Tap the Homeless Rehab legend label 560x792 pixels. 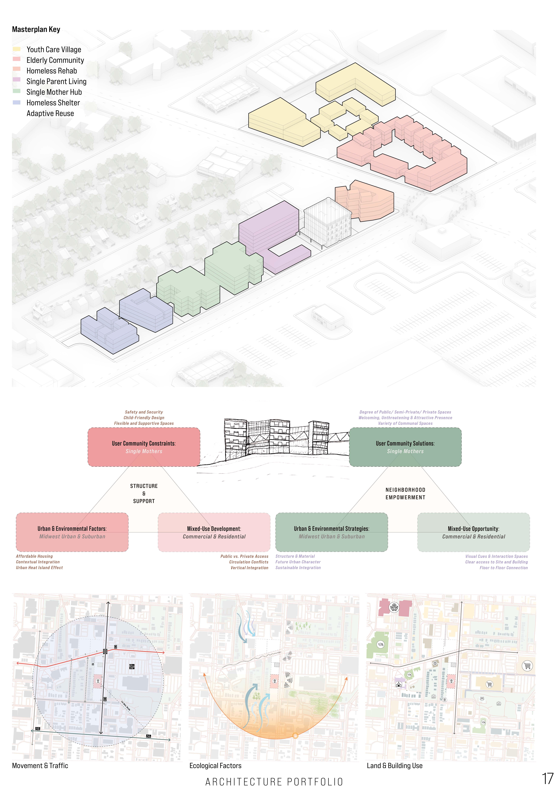(52, 71)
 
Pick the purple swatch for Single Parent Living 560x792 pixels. (17, 80)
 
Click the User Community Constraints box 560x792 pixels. (144, 447)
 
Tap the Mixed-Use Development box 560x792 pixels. (214, 532)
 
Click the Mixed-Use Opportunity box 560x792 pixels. (473, 532)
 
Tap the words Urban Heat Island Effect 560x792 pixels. (39, 568)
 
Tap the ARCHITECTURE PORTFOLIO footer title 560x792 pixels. (274, 782)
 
